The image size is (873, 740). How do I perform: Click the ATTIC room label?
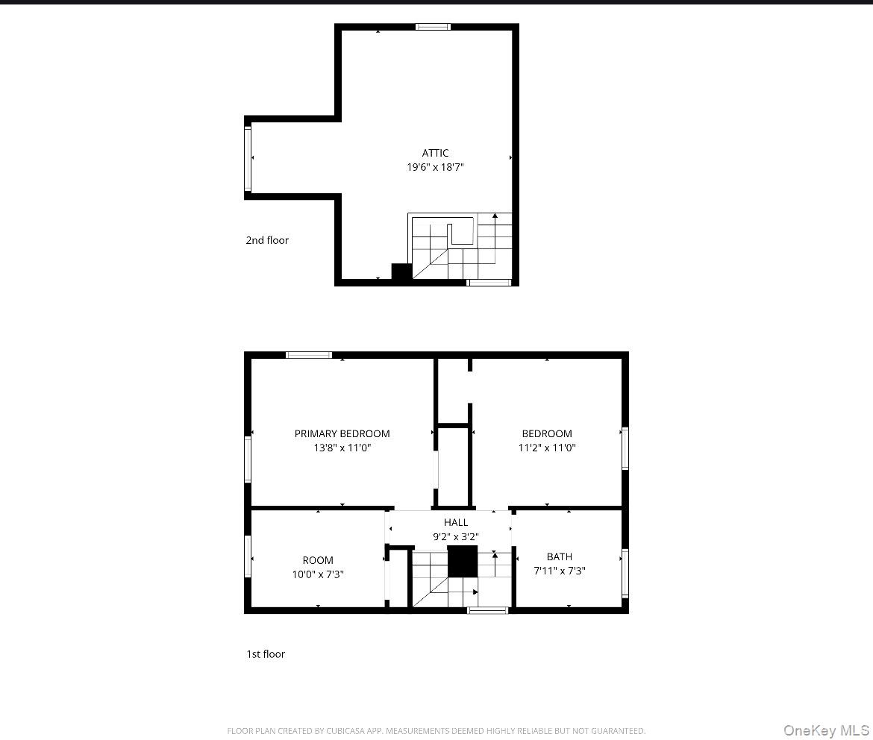tap(435, 153)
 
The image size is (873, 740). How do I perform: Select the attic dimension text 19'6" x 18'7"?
tap(435, 168)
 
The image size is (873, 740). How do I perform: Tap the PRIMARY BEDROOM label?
tap(342, 433)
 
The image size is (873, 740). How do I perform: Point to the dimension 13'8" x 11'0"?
tap(342, 448)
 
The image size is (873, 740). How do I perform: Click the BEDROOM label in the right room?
tap(547, 433)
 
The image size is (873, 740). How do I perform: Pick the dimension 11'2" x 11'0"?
tap(547, 448)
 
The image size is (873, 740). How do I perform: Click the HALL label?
tap(456, 522)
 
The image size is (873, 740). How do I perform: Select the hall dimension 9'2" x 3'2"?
tap(456, 537)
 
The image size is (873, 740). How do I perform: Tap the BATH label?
tap(560, 556)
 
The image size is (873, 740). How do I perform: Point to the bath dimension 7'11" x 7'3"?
tap(560, 571)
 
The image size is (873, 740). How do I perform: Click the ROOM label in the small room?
tap(318, 560)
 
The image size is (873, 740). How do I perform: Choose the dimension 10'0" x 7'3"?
tap(318, 574)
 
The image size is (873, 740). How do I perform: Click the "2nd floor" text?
tap(267, 240)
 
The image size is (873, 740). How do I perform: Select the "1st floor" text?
tap(266, 654)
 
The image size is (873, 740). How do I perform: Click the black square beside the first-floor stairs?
tap(462, 561)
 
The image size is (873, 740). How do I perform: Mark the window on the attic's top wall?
tap(433, 27)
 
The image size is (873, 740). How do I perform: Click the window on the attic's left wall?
tap(248, 158)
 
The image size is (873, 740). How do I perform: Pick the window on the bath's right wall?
tap(625, 573)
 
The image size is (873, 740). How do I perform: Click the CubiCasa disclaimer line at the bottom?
tap(436, 731)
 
